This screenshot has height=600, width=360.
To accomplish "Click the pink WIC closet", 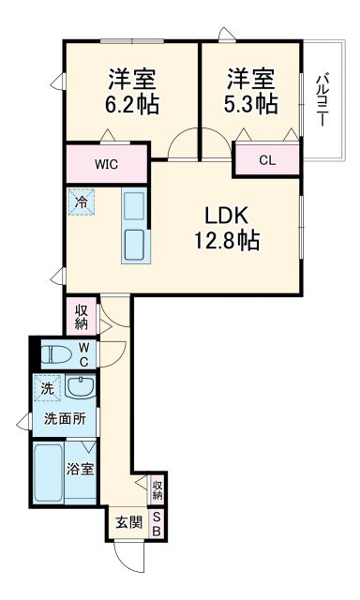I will click(106, 164).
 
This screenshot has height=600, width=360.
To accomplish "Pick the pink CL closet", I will click(267, 160).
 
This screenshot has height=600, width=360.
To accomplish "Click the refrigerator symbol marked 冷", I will click(82, 201).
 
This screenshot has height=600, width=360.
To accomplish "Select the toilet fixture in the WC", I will click(59, 354).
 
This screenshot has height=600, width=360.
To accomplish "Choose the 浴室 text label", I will click(81, 468).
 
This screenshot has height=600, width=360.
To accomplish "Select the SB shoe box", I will click(157, 523).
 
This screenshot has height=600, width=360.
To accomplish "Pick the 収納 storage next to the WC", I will click(82, 315).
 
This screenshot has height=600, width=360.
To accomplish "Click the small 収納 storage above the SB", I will click(157, 487).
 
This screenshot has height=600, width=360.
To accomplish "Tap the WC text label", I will click(84, 354).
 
